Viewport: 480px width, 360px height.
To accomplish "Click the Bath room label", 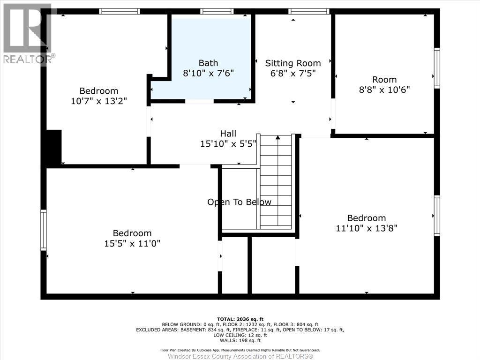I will pyautogui.click(x=208, y=63).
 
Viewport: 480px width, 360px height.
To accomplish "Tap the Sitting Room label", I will pyautogui.click(x=293, y=63).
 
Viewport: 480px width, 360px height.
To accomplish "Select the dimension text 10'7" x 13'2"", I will pyautogui.click(x=99, y=101).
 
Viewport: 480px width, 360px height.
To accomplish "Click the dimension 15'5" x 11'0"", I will pyautogui.click(x=132, y=243).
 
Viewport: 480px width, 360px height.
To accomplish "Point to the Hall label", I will pyautogui.click(x=228, y=134).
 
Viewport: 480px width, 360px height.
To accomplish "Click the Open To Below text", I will pyautogui.click(x=239, y=202).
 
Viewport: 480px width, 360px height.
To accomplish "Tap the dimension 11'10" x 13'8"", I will pyautogui.click(x=367, y=228).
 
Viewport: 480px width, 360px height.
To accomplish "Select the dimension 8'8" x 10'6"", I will pyautogui.click(x=384, y=90).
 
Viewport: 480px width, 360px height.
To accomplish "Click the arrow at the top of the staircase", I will pyautogui.click(x=277, y=138).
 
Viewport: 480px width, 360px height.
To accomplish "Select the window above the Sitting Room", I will pyautogui.click(x=308, y=11).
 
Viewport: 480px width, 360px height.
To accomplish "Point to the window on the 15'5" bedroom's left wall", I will pyautogui.click(x=44, y=230).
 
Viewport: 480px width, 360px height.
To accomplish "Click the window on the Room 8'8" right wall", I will pyautogui.click(x=437, y=68).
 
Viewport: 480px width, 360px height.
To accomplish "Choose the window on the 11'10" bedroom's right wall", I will pyautogui.click(x=437, y=215).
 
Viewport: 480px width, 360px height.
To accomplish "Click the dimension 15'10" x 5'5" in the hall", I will pyautogui.click(x=228, y=144).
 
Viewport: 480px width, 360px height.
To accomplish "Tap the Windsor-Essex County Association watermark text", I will pyautogui.click(x=240, y=356).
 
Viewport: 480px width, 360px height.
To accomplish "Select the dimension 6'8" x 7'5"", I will pyautogui.click(x=293, y=73).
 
